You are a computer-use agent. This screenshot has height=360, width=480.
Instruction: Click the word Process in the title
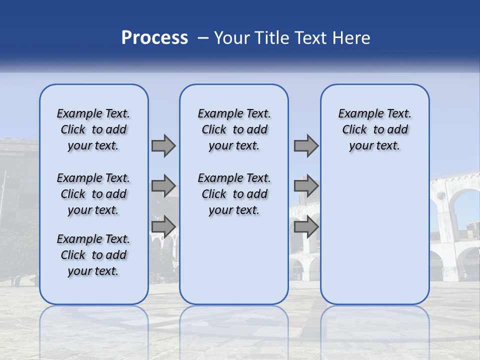click(154, 38)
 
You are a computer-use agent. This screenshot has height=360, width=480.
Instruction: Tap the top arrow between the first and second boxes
click(163, 145)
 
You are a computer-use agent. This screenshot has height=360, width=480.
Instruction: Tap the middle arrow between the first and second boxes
click(163, 186)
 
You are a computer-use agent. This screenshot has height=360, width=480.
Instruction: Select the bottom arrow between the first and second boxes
click(163, 226)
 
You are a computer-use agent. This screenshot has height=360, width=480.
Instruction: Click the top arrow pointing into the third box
click(306, 145)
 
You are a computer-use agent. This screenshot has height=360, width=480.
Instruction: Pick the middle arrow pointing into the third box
click(306, 186)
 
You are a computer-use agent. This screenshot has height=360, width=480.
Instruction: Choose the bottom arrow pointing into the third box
click(306, 226)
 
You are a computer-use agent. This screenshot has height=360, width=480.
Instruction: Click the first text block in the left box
click(93, 129)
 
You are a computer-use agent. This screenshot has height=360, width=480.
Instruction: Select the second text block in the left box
click(93, 194)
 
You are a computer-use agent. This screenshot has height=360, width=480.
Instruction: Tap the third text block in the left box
click(93, 255)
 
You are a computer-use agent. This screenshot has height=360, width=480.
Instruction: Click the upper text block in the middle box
click(234, 129)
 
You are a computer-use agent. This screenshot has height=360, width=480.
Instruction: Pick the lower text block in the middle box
click(234, 194)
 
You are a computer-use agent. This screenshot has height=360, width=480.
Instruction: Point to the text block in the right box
click(375, 129)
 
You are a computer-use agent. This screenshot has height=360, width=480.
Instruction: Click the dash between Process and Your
click(202, 38)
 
